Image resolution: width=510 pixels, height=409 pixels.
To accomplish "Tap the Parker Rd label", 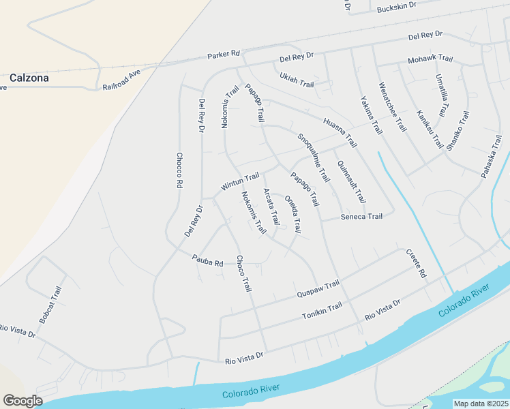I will [x=225, y=53].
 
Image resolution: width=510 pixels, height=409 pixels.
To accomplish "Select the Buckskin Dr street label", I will [x=397, y=6].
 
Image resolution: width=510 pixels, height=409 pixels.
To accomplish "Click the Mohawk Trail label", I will [x=430, y=60].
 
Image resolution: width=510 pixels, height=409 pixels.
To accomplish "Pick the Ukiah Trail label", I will [x=297, y=79].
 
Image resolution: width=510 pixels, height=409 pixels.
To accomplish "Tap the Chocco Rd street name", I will [x=179, y=170].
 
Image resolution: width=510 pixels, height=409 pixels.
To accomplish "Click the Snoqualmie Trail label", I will [x=314, y=157].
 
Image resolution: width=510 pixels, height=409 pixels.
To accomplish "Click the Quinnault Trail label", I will [x=352, y=181].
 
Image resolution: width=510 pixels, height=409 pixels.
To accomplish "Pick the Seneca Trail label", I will [x=361, y=217].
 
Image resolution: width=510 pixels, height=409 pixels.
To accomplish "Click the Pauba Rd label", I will [x=208, y=260].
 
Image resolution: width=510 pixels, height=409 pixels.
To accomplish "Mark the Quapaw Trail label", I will [x=318, y=290].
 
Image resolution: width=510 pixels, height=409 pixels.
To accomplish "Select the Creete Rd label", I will [x=416, y=264].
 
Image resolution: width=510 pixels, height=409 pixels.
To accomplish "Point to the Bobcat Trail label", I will [x=50, y=305].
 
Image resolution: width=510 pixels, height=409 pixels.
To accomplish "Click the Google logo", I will [x=22, y=401].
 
